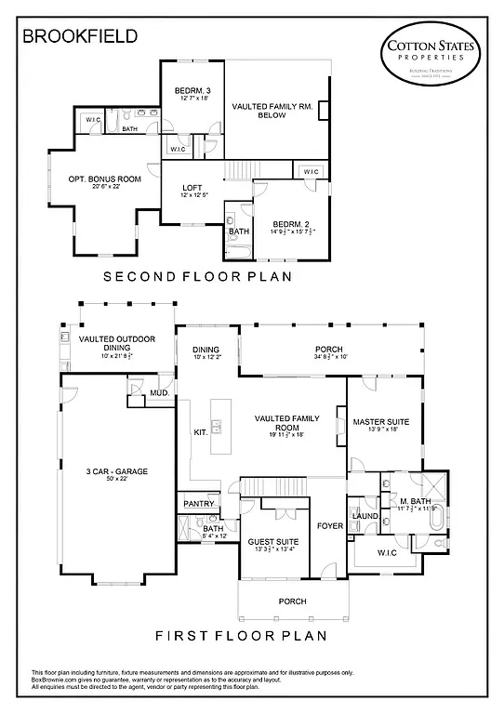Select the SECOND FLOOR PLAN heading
pos(197,276)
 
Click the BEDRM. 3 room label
pos(193,90)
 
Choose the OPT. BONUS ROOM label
pos(104,178)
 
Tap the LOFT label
pos(192,189)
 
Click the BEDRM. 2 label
pos(290,223)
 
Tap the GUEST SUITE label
pos(272,541)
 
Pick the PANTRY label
pos(199,503)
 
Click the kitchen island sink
pos(216,428)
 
